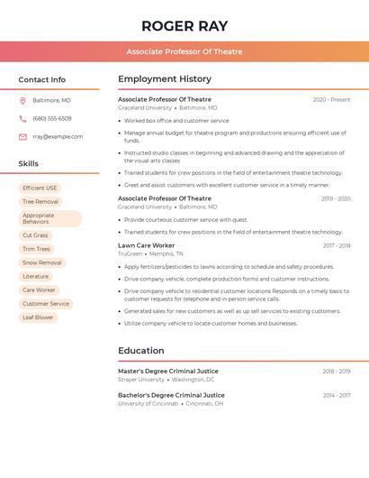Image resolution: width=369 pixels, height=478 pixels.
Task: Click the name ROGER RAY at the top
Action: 184,26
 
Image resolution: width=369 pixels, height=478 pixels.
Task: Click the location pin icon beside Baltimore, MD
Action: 22,100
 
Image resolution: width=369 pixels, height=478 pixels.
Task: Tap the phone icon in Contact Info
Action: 22,118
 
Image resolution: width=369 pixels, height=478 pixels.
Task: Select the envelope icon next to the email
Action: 22,136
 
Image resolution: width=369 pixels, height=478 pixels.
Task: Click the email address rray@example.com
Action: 58,136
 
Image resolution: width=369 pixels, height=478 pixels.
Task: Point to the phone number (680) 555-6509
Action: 52,118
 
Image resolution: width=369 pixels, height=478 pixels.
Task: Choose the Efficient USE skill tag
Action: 40,188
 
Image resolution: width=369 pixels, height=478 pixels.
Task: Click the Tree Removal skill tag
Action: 40,201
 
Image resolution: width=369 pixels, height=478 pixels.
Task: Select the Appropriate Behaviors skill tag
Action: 49,218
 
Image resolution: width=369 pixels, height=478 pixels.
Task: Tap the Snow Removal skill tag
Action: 42,262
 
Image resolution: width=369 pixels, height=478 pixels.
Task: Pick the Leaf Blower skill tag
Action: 38,317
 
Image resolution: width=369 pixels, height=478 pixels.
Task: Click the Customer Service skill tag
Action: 46,304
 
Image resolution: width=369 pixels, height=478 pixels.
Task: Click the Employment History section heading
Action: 165,79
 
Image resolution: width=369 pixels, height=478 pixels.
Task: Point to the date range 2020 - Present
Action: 331,99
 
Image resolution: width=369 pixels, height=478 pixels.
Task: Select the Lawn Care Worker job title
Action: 147,245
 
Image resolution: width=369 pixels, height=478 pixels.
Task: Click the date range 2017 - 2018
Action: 337,245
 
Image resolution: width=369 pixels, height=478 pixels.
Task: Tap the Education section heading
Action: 141,351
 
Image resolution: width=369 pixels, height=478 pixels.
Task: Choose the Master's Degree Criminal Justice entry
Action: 168,371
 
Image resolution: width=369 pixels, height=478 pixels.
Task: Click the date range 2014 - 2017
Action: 337,395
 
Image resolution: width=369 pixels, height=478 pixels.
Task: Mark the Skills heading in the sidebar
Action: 29,164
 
